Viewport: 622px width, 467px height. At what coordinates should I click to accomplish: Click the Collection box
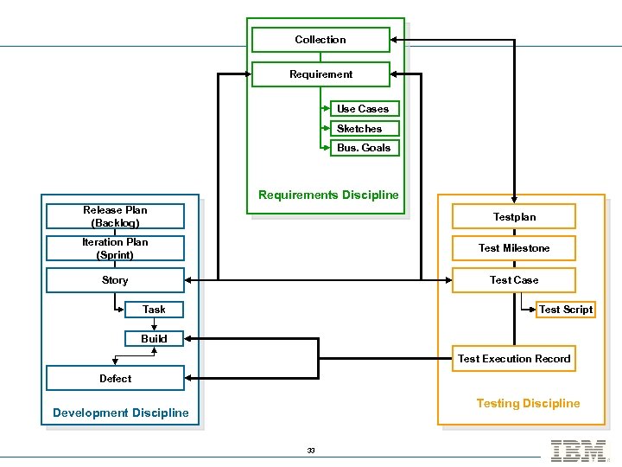321,40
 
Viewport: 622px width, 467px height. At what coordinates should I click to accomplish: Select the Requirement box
321,74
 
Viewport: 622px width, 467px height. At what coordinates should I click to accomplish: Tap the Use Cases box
364,109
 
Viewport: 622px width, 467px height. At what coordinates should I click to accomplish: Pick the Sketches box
364,129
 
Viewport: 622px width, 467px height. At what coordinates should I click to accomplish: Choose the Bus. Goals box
364,148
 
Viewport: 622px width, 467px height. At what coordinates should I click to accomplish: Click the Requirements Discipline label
328,195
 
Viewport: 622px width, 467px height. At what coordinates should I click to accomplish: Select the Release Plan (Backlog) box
115,216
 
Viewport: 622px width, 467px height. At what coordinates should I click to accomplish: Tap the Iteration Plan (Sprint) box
115,248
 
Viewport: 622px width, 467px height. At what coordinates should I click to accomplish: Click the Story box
115,280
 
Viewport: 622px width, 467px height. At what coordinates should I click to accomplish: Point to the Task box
154,310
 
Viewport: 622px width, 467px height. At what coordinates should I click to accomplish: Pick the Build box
154,338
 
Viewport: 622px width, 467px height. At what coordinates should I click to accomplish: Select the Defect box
115,378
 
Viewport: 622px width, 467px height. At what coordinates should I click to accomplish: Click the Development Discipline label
120,413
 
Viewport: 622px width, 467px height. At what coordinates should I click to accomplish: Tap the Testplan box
514,217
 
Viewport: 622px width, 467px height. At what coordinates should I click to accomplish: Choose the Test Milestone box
514,248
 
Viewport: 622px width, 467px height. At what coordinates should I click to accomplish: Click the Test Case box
514,280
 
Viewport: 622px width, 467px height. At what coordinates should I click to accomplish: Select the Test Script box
566,310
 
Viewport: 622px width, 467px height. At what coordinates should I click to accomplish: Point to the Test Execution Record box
514,359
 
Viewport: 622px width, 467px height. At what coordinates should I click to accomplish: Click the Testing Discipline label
528,403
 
